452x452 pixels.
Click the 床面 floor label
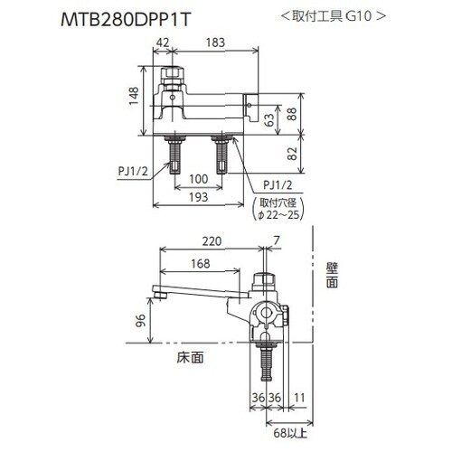tap(189, 357)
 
